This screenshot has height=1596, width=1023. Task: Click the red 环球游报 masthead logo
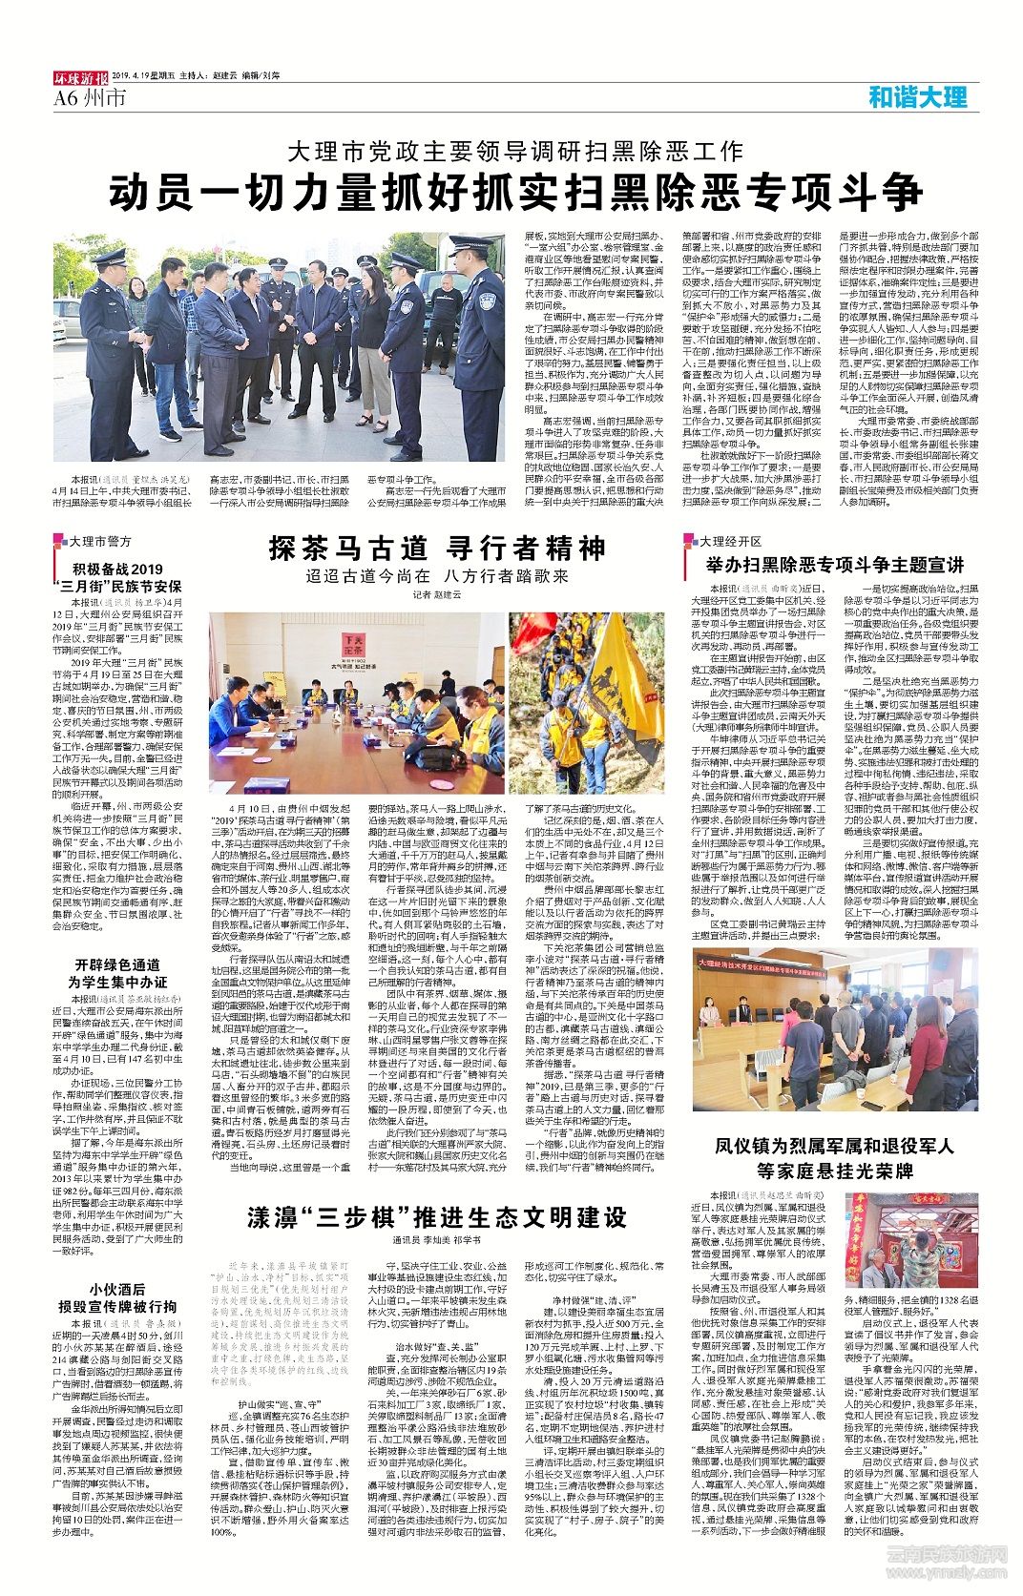click(80, 79)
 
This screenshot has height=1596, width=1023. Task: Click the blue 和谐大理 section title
click(917, 96)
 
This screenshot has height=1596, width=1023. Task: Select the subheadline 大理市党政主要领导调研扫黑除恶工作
click(515, 151)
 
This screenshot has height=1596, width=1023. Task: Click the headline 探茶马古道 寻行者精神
click(437, 549)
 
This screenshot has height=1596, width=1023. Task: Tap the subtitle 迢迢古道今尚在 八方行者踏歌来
click(437, 576)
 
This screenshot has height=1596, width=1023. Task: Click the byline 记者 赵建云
click(436, 594)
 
